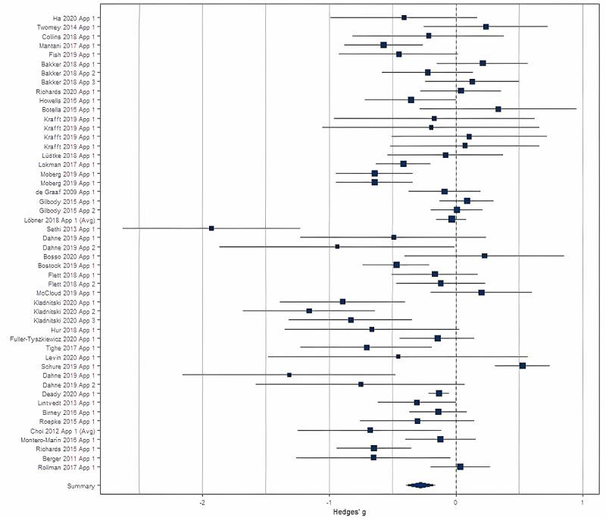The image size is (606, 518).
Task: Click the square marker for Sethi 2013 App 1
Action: (x=211, y=228)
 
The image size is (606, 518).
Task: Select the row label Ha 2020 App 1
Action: (x=79, y=17)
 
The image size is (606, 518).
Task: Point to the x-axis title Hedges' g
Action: (x=354, y=512)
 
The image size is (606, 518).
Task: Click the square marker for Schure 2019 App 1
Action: (x=523, y=366)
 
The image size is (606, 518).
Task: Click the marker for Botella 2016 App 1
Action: (x=498, y=109)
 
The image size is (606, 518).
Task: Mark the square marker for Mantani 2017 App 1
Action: (x=383, y=46)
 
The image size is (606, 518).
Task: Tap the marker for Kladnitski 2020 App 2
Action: (x=309, y=311)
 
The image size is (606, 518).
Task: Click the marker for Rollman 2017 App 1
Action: (x=460, y=466)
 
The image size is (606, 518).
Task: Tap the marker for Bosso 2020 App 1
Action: (x=485, y=256)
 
